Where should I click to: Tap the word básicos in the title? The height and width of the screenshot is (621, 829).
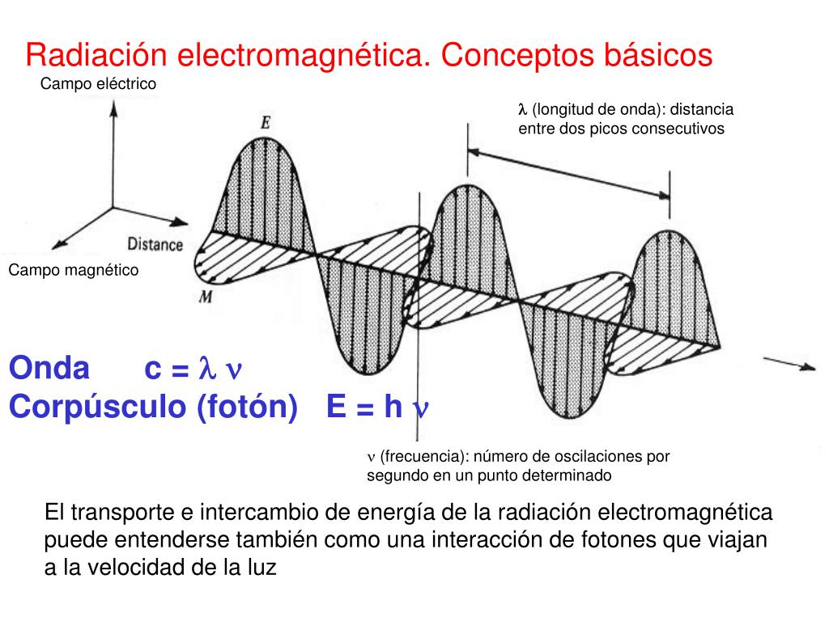click(x=657, y=56)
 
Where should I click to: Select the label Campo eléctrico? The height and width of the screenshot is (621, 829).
click(x=98, y=83)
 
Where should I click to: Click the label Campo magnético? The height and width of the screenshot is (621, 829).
click(x=74, y=270)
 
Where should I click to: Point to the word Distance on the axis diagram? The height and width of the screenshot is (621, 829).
click(x=155, y=243)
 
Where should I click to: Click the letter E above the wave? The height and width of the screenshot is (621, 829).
click(x=266, y=123)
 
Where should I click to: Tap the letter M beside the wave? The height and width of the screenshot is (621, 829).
click(x=206, y=297)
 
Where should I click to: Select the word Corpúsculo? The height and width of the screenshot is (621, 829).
click(x=97, y=407)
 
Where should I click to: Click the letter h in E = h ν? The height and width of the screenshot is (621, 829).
click(x=393, y=407)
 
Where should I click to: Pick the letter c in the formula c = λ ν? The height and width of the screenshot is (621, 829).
click(x=153, y=370)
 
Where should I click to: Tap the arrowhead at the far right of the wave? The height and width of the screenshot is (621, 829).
click(x=809, y=368)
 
